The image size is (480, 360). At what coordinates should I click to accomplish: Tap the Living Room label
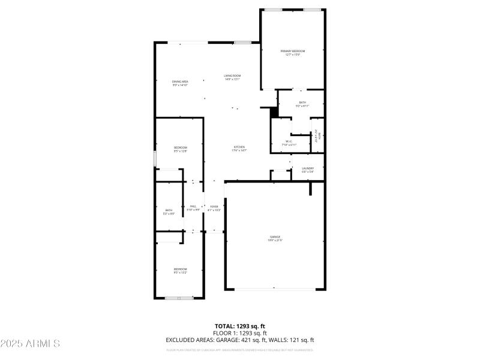tap(232, 77)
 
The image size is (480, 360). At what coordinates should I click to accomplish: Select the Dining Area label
tap(181, 83)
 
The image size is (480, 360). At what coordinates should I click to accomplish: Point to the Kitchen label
tap(239, 149)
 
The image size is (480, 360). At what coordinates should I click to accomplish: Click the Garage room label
tap(275, 239)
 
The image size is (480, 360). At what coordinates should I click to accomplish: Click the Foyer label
tap(214, 208)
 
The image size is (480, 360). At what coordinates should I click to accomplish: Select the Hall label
tap(193, 208)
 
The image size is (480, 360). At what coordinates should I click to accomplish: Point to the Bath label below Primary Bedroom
tap(302, 104)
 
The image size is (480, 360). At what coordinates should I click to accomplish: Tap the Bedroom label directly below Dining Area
tap(181, 149)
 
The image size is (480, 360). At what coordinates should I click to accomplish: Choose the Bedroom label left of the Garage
tap(181, 271)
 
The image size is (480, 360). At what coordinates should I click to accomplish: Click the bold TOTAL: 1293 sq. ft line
tap(240, 326)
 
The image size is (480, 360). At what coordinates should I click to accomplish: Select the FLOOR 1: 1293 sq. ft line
tap(240, 333)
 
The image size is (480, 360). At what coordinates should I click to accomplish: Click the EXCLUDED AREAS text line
tap(240, 340)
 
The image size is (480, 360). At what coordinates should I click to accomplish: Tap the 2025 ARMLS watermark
tap(30, 344)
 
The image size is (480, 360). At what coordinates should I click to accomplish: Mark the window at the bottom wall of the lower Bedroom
tap(178, 298)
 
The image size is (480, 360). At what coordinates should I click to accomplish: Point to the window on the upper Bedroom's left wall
tap(155, 159)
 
